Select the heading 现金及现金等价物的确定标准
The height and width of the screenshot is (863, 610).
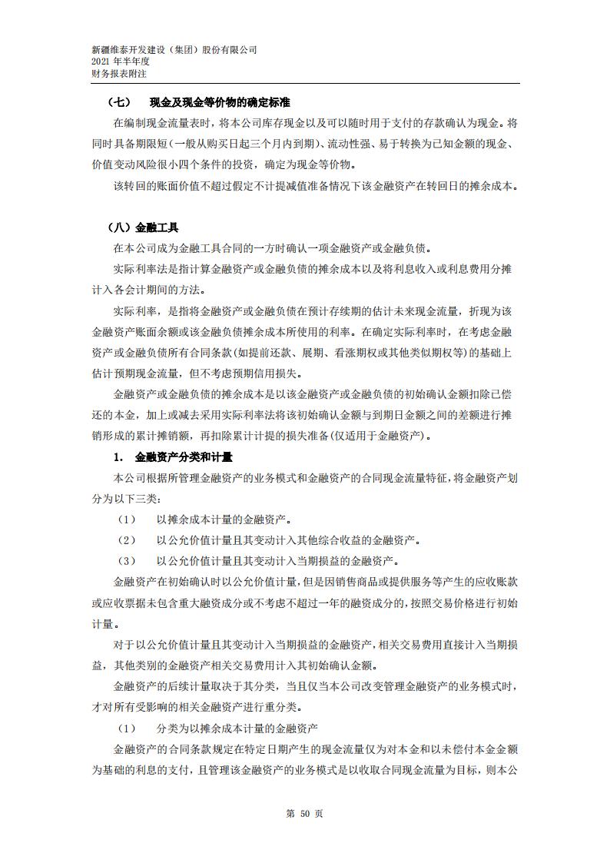(x=220, y=102)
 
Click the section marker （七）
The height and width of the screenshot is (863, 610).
(x=121, y=102)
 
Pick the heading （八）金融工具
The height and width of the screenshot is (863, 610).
(x=145, y=227)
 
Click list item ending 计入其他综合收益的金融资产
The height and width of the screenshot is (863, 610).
(x=288, y=540)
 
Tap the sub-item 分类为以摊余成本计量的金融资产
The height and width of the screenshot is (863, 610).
(x=237, y=728)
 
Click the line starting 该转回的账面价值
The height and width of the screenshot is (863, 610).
(x=316, y=186)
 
